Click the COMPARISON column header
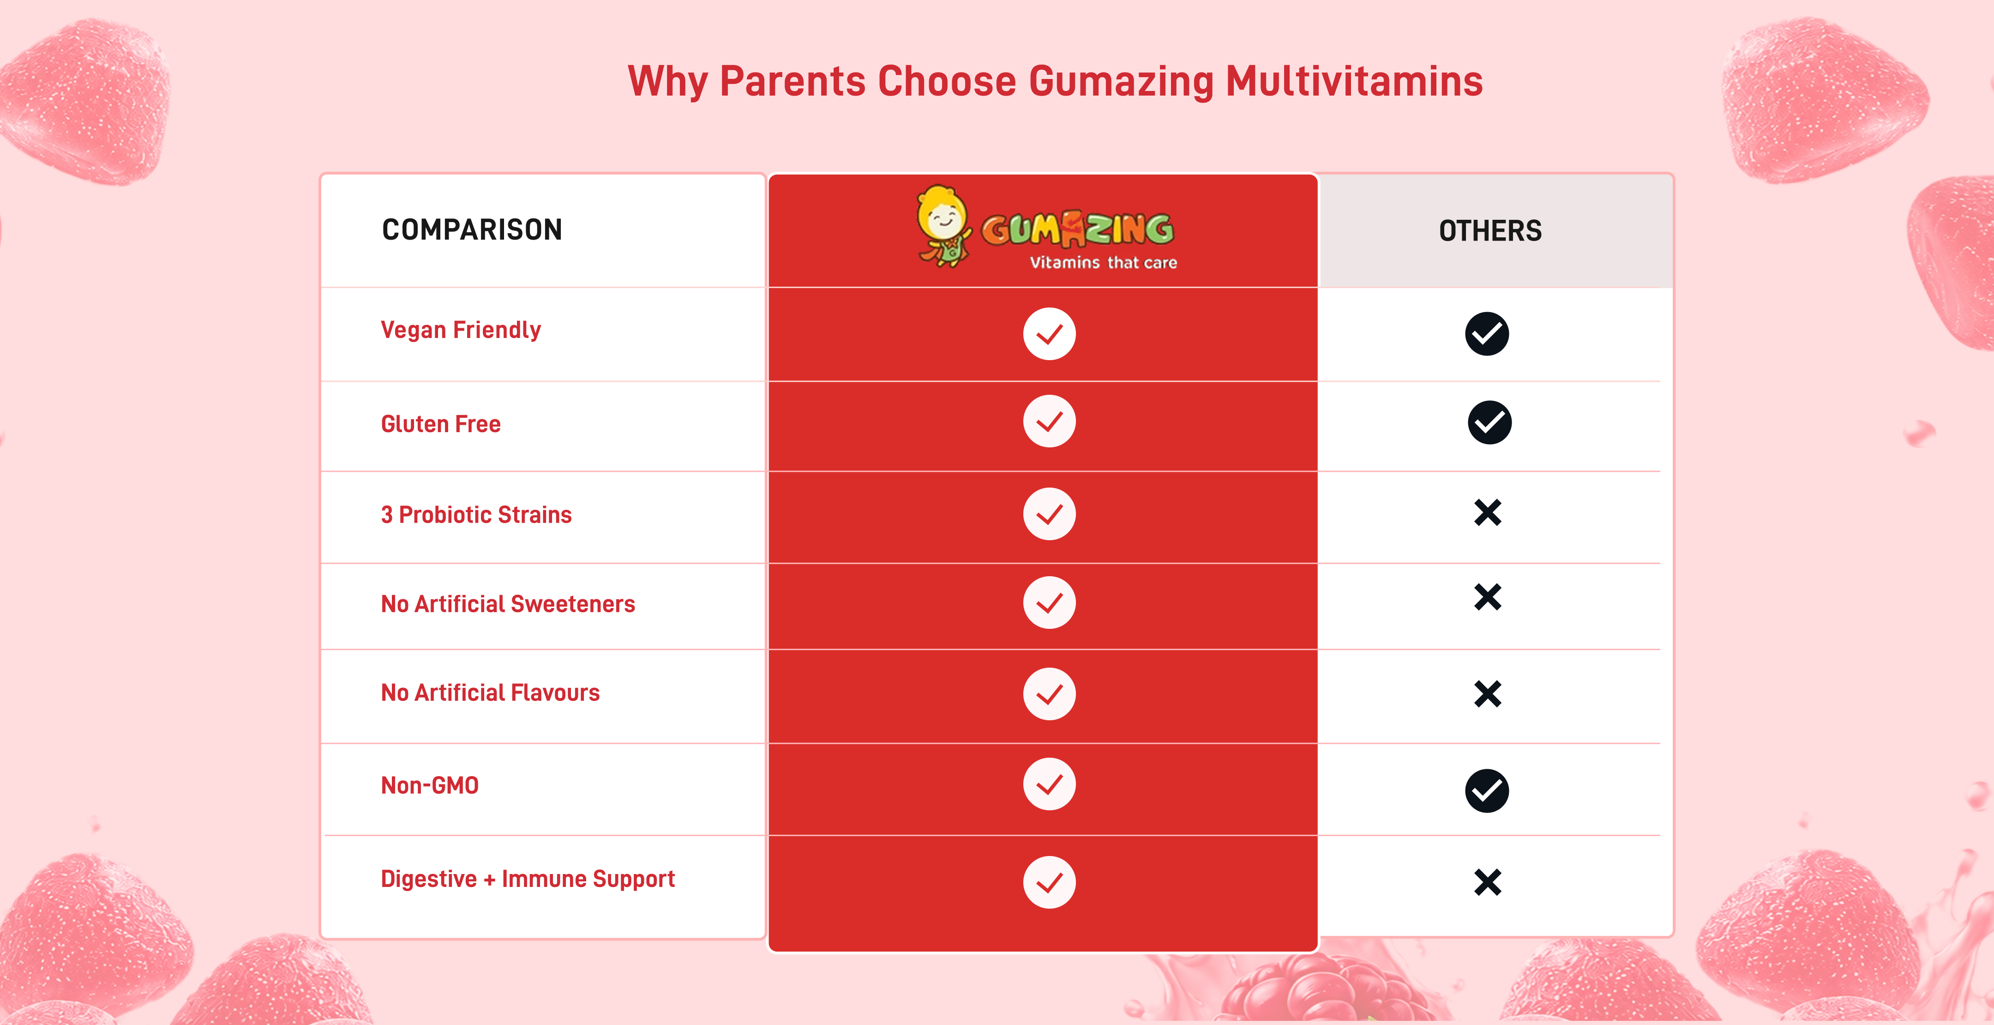[472, 230]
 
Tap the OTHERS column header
[1490, 231]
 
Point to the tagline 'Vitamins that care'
[1103, 262]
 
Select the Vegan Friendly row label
[461, 330]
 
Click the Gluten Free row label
[440, 424]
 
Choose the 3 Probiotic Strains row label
[476, 515]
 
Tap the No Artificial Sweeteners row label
[508, 604]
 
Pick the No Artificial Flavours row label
[490, 693]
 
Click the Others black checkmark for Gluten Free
[1489, 422]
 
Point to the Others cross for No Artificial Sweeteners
[1488, 597]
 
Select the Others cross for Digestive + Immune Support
[1488, 882]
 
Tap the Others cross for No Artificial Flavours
[1488, 693]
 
